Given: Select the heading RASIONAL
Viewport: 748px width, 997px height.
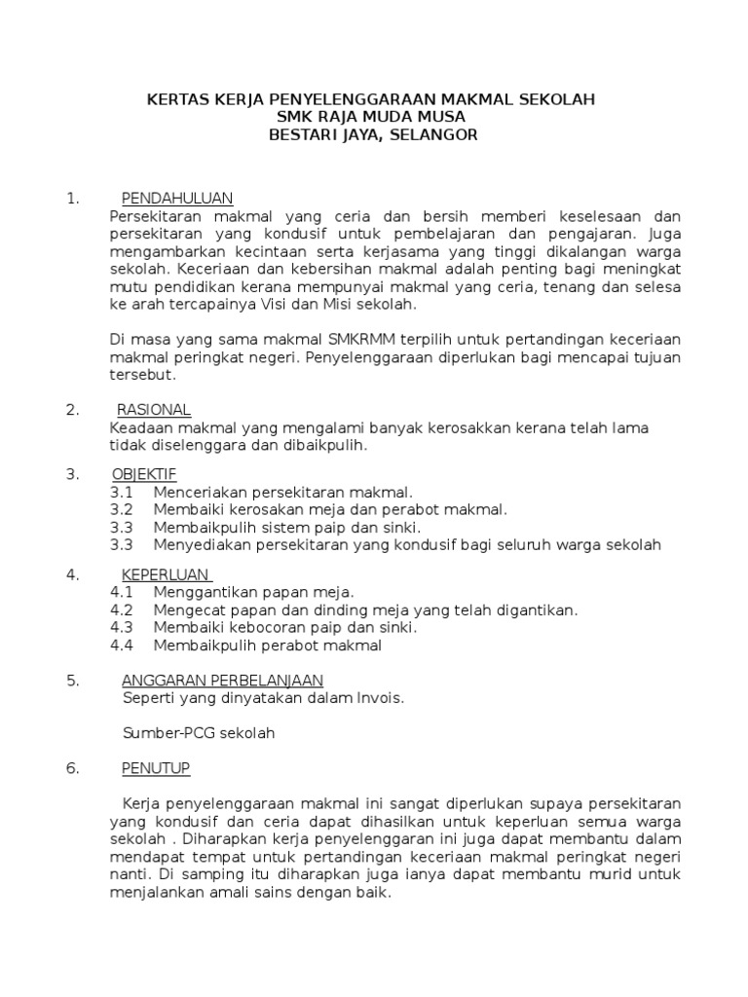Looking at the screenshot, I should tap(154, 409).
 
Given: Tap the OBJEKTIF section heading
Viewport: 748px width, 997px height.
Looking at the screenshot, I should tap(144, 474).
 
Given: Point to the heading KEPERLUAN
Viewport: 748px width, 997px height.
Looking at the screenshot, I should tap(166, 574).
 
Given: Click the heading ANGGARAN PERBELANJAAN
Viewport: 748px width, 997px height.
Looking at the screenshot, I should tap(222, 680).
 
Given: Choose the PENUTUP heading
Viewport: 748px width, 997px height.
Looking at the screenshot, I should tap(156, 768).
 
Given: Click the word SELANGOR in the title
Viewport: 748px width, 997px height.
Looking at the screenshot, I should tap(433, 135).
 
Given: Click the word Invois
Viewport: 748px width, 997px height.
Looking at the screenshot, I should tap(381, 697).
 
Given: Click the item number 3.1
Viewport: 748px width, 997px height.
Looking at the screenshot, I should tap(122, 493).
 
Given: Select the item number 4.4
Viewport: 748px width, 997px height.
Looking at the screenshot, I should tap(122, 645).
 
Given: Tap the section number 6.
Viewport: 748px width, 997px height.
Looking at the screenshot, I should tap(72, 768).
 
